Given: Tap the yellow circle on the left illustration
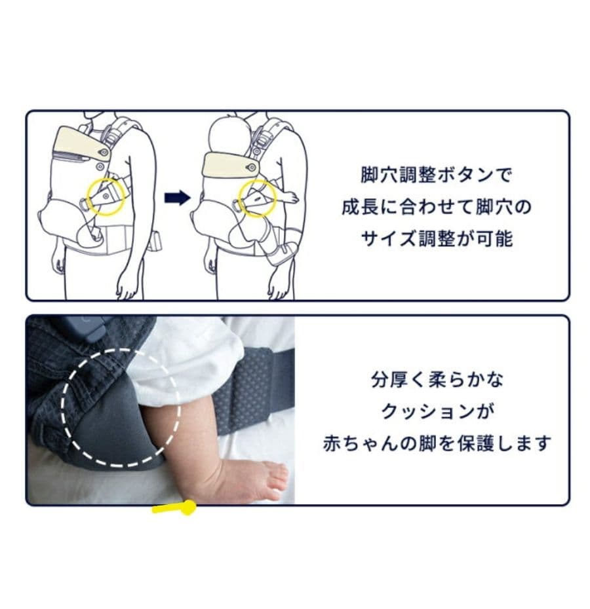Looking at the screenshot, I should point(103,196).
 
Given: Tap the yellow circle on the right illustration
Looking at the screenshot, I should point(256,198).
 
